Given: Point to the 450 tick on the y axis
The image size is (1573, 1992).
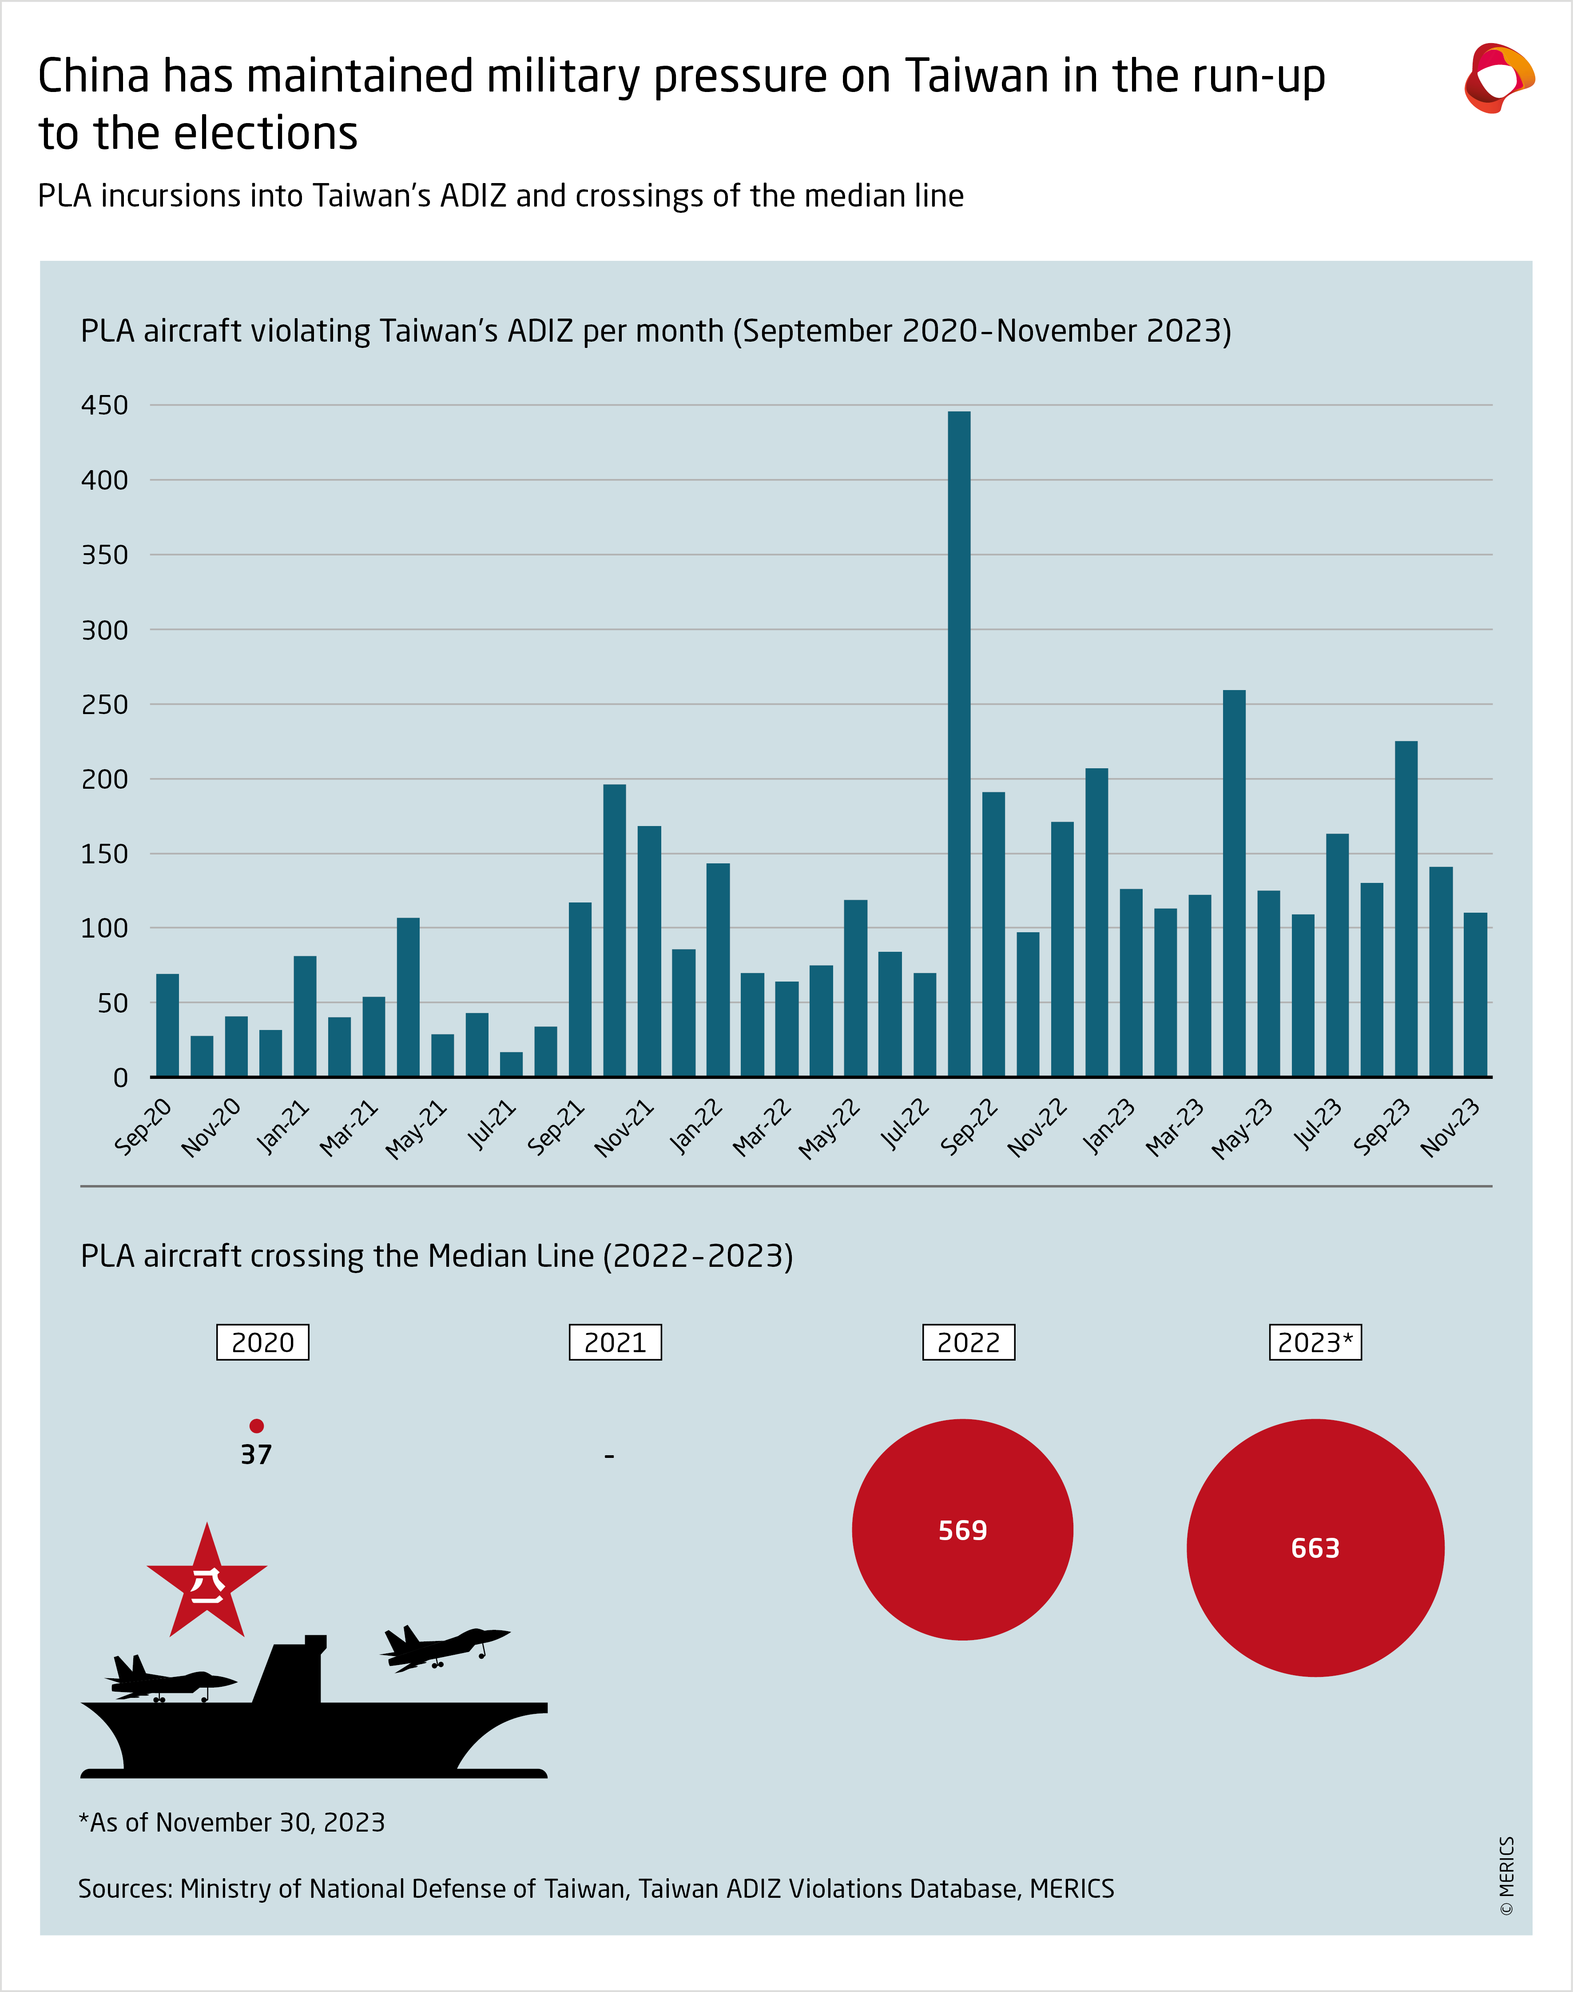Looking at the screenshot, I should click(105, 405).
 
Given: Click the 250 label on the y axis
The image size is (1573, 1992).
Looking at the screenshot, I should click(105, 705).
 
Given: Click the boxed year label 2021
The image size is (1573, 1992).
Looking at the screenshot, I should click(615, 1342).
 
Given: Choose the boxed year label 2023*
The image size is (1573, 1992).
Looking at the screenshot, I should click(1315, 1342).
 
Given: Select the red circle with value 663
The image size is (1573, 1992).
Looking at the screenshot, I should click(1315, 1548).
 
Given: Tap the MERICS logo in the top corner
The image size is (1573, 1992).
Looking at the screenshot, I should click(1498, 78).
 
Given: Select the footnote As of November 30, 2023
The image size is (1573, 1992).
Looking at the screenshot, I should click(232, 1822).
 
